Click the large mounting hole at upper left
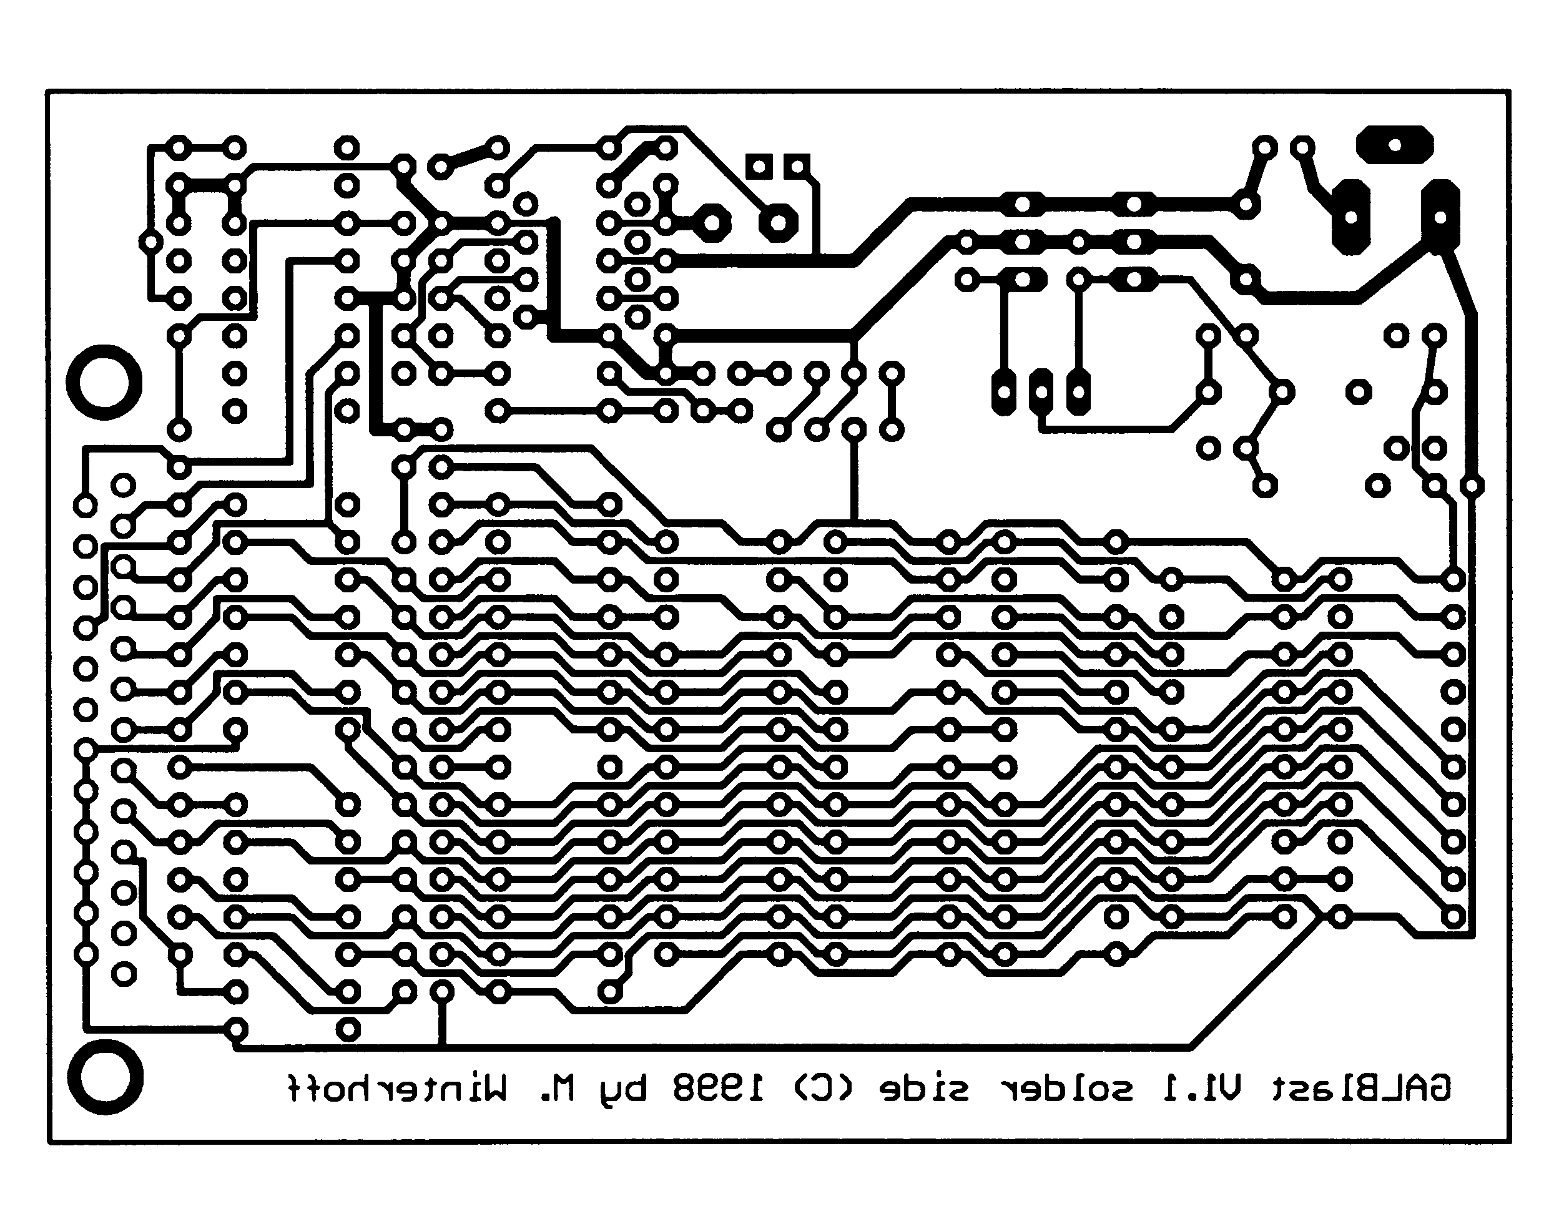[104, 382]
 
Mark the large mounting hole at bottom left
[105, 1077]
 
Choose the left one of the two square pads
[759, 167]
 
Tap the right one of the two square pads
[797, 167]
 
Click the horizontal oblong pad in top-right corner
[1394, 145]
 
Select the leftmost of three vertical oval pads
[1003, 392]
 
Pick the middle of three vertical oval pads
[1040, 392]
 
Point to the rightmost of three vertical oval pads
[1078, 392]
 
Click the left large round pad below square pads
[711, 223]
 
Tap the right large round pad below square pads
[778, 223]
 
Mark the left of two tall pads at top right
[1350, 216]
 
